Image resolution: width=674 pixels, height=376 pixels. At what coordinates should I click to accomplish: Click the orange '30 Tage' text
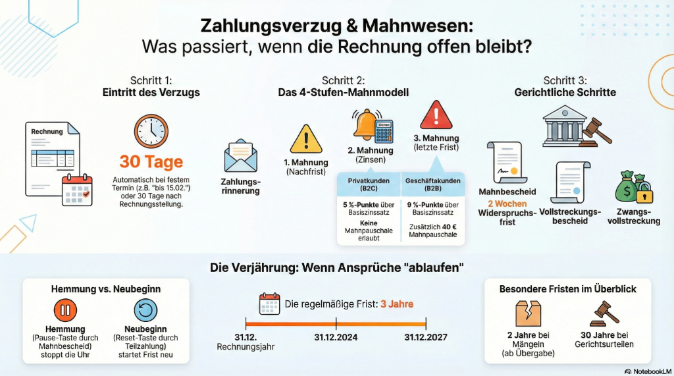point(151,162)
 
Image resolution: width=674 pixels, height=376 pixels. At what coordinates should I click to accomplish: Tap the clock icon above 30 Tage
point(151,131)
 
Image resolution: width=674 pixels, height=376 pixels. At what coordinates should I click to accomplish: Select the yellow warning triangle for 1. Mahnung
point(306,140)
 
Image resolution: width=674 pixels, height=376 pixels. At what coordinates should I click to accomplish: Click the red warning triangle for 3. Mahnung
point(436,115)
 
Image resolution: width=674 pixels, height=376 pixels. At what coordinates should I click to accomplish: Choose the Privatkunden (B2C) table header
point(369,184)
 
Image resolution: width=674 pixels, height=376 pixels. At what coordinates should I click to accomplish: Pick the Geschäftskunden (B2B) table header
point(432,184)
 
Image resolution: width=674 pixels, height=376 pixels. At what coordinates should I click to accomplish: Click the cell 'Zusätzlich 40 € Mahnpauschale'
point(432,231)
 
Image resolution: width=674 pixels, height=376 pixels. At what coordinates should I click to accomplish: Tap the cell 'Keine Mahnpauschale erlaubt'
point(369,230)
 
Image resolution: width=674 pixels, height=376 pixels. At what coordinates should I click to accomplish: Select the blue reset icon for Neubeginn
point(145,309)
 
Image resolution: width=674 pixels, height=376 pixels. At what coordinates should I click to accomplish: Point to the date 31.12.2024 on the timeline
point(336,337)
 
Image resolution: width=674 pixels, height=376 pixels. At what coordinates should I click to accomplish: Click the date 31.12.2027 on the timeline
point(425,337)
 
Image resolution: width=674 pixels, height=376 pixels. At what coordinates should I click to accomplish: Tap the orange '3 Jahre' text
point(397,304)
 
